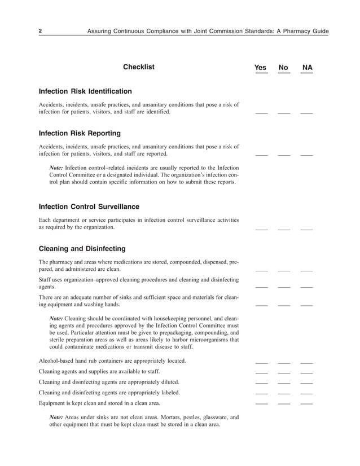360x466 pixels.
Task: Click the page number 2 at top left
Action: pyautogui.click(x=40, y=30)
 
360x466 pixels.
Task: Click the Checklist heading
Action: pyautogui.click(x=138, y=67)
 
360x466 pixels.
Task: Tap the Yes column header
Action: pyautogui.click(x=260, y=68)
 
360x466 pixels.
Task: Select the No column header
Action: pyautogui.click(x=283, y=68)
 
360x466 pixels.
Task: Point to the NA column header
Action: pyautogui.click(x=307, y=68)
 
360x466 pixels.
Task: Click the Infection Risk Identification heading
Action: pyautogui.click(x=85, y=91)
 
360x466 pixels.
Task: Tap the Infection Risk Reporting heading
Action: pyautogui.click(x=80, y=134)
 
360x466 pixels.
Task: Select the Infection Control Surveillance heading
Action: pyautogui.click(x=89, y=206)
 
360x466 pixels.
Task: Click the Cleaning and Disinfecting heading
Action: pyautogui.click(x=82, y=249)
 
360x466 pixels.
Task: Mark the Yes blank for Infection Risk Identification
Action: pyautogui.click(x=261, y=113)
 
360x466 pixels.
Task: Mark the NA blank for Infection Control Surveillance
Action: pyautogui.click(x=306, y=229)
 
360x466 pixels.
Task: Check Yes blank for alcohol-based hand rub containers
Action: pyautogui.click(x=261, y=362)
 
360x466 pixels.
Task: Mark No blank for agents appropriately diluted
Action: pyautogui.click(x=284, y=384)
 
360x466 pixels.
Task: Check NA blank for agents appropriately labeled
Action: pyautogui.click(x=306, y=394)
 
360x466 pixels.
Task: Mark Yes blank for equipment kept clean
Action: pyautogui.click(x=261, y=405)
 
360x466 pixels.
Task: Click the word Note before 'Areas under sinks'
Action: pyautogui.click(x=56, y=417)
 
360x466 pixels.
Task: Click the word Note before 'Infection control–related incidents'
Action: pyautogui.click(x=56, y=168)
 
